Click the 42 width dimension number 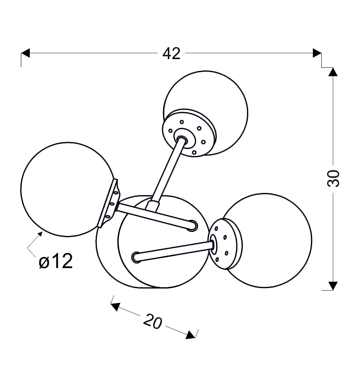click(171, 53)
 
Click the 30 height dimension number click(333, 178)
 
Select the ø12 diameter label click(56, 261)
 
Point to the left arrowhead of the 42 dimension click(25, 53)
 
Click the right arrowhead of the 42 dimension click(317, 53)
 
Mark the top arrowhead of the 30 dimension click(333, 72)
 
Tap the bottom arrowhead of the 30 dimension click(333, 286)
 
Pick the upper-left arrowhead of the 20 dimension click(115, 307)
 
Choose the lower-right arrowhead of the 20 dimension click(191, 335)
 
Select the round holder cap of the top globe click(189, 133)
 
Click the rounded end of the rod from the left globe click(192, 226)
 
